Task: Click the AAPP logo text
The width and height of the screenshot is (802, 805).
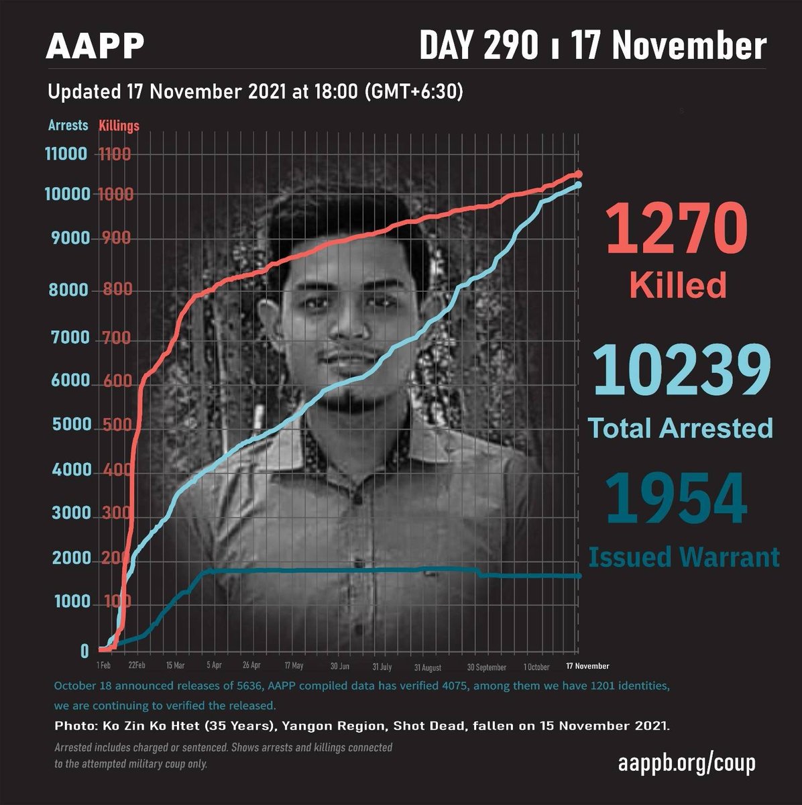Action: (95, 46)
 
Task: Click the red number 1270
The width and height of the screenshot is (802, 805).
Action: (676, 228)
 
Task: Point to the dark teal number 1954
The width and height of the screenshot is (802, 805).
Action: (676, 500)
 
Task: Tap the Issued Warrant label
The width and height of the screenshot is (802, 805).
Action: (684, 557)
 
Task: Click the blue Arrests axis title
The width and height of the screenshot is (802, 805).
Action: (68, 125)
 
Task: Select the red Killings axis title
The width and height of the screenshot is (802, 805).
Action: (119, 125)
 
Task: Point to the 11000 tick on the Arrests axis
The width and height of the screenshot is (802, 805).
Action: (66, 154)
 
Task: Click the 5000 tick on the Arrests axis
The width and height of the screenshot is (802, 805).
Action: (71, 425)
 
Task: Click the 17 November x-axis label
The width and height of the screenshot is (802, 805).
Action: (587, 666)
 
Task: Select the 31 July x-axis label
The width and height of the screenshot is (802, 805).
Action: (382, 667)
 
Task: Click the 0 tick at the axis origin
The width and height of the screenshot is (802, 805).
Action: (84, 651)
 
